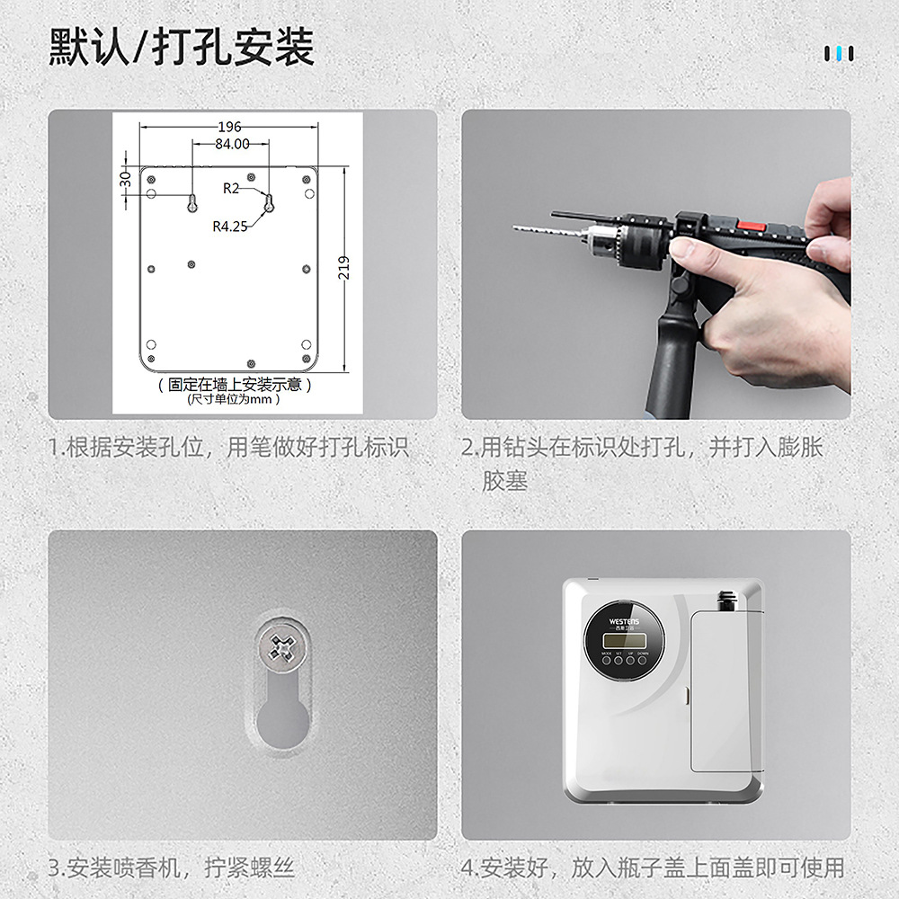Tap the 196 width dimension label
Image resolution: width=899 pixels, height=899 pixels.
pos(229,127)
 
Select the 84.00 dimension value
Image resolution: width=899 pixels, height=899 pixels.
pos(232,144)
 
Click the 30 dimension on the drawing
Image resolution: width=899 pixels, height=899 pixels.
pos(126,178)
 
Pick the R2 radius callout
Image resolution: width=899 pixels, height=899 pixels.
pos(231,188)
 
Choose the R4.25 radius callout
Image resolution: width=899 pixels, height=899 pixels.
pos(229,227)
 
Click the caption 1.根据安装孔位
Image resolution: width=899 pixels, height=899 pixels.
pos(228,447)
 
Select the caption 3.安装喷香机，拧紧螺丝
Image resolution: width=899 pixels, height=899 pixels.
pos(171,868)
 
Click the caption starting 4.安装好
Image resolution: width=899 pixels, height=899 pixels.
pos(653,868)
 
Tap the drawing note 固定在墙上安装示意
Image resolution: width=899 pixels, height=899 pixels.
pos(235,385)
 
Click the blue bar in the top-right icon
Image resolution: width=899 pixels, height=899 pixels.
pos(840,54)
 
